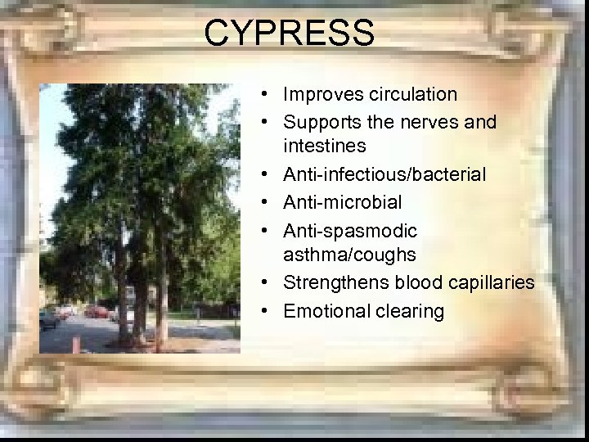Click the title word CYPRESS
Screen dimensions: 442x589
pos(289,34)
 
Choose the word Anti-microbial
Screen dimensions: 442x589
pos(342,202)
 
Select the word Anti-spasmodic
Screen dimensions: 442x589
pos(350,230)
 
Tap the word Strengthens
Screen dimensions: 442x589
pos(336,283)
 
